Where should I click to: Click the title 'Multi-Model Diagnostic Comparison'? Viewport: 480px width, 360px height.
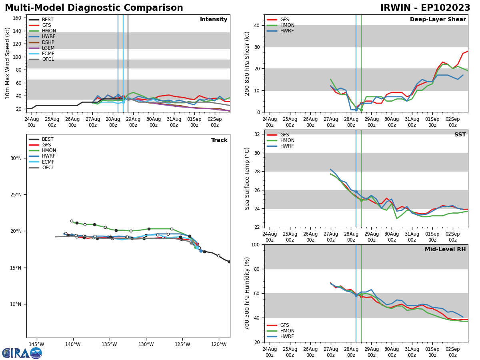coord(94,8)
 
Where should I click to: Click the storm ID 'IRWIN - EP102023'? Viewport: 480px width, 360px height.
coord(425,8)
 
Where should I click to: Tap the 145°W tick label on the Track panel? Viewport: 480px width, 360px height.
coord(36,344)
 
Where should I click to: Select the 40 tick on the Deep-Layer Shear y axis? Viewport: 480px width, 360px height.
coord(257,26)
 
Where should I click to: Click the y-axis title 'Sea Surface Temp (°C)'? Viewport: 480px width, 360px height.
coord(248,178)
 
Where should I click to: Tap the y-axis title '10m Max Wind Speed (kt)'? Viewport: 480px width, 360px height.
coord(8,63)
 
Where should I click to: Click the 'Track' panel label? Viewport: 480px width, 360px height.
coord(219,140)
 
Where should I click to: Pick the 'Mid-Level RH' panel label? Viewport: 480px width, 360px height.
coord(445,250)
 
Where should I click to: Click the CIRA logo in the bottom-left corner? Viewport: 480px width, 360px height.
coord(22,353)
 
